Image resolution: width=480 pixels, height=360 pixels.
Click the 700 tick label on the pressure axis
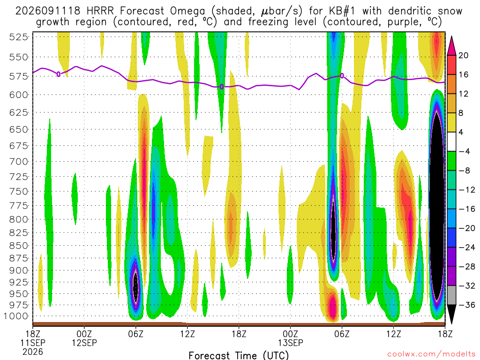coord(18,161)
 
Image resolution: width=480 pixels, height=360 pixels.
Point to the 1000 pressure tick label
coord(16,316)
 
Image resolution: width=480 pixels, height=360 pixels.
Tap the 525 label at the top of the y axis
coord(18,37)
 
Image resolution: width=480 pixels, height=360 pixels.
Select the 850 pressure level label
coord(18,246)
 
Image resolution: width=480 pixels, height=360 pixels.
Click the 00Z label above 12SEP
coord(84,333)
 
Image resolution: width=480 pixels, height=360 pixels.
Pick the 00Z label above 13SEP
coord(290,333)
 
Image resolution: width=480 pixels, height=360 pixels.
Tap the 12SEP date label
coord(84,343)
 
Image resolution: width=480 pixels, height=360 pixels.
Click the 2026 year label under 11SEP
coord(33,352)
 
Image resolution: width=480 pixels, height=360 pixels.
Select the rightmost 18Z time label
coord(445,333)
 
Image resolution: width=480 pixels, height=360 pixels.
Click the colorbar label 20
coord(463,55)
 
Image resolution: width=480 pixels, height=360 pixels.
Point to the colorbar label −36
coord(466,305)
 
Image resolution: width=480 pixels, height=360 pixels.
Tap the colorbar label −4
coord(464,151)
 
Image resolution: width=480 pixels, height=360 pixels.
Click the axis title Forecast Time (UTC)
coord(239,355)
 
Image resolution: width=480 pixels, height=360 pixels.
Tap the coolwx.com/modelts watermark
coord(431,354)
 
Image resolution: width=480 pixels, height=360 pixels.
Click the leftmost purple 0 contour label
coord(59,74)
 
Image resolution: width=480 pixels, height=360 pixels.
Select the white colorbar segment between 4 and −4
coord(451,142)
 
